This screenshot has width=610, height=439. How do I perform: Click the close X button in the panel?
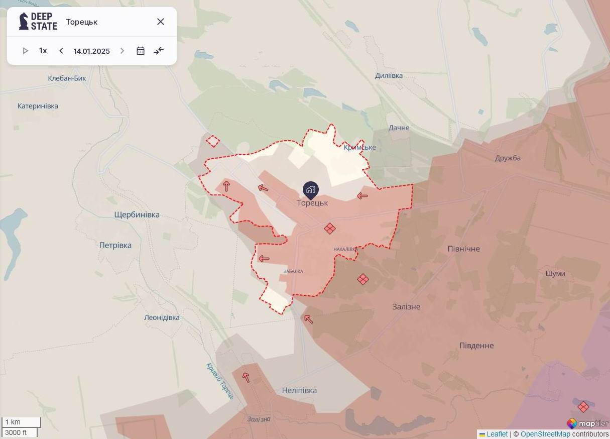coord(161,22)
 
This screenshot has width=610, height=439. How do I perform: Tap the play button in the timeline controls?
coord(26,51)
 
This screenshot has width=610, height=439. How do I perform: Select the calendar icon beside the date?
coord(141,51)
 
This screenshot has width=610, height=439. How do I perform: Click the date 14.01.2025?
coord(91,51)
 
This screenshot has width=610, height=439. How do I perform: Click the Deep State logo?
coord(38,22)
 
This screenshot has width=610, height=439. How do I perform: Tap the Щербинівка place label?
coord(137,215)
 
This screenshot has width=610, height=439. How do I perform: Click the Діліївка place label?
coord(389,76)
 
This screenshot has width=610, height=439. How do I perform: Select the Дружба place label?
coord(508,158)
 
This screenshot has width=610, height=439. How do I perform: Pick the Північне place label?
coord(463,249)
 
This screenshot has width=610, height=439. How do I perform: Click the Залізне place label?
coord(406,307)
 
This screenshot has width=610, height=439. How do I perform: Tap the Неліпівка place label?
coord(299,391)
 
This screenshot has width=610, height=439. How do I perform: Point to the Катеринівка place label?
coord(38,106)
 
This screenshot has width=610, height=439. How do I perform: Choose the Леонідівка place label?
coord(162,318)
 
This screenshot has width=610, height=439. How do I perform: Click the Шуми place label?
coord(555,274)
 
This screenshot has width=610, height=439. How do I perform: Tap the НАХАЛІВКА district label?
coord(345,249)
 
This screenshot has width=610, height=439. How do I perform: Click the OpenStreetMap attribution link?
coord(545,434)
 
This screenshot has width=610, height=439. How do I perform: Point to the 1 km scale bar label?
coord(13,422)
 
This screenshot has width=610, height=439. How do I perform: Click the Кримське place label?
coord(360,148)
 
